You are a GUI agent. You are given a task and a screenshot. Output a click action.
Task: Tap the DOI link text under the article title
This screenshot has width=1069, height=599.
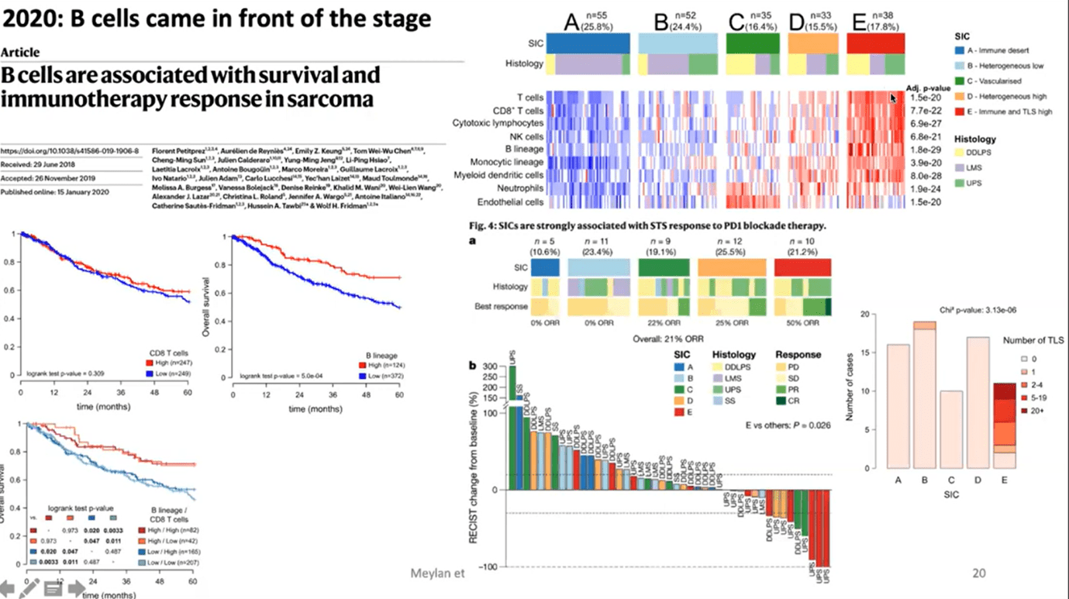point(70,150)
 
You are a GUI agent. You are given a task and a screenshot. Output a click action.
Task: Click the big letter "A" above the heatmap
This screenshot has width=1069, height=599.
point(571,22)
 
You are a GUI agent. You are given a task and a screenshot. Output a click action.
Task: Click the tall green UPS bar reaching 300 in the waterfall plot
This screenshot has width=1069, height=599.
point(512,426)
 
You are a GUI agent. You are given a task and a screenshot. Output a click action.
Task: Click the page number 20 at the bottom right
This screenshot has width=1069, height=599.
point(979,573)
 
